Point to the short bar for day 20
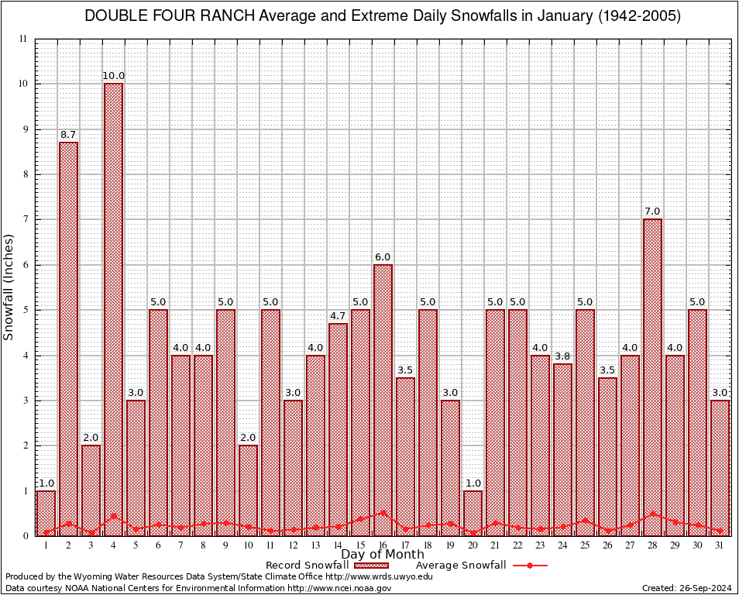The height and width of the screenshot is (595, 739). click(473, 512)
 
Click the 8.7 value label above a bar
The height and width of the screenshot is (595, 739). click(68, 135)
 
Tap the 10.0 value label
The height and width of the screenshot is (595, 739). click(113, 76)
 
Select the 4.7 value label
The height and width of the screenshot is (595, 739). click(338, 316)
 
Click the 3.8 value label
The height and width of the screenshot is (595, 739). click(562, 356)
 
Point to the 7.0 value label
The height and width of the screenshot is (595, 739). click(652, 212)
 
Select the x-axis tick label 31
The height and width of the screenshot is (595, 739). click(720, 545)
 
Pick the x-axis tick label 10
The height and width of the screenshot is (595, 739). click(248, 545)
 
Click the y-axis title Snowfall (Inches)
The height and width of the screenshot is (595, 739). click(9, 287)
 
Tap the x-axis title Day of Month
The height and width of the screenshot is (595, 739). click(383, 554)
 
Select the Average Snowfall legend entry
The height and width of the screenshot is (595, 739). click(480, 566)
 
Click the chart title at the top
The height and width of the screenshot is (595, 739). click(383, 16)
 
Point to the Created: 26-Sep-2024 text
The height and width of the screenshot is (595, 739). click(686, 588)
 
